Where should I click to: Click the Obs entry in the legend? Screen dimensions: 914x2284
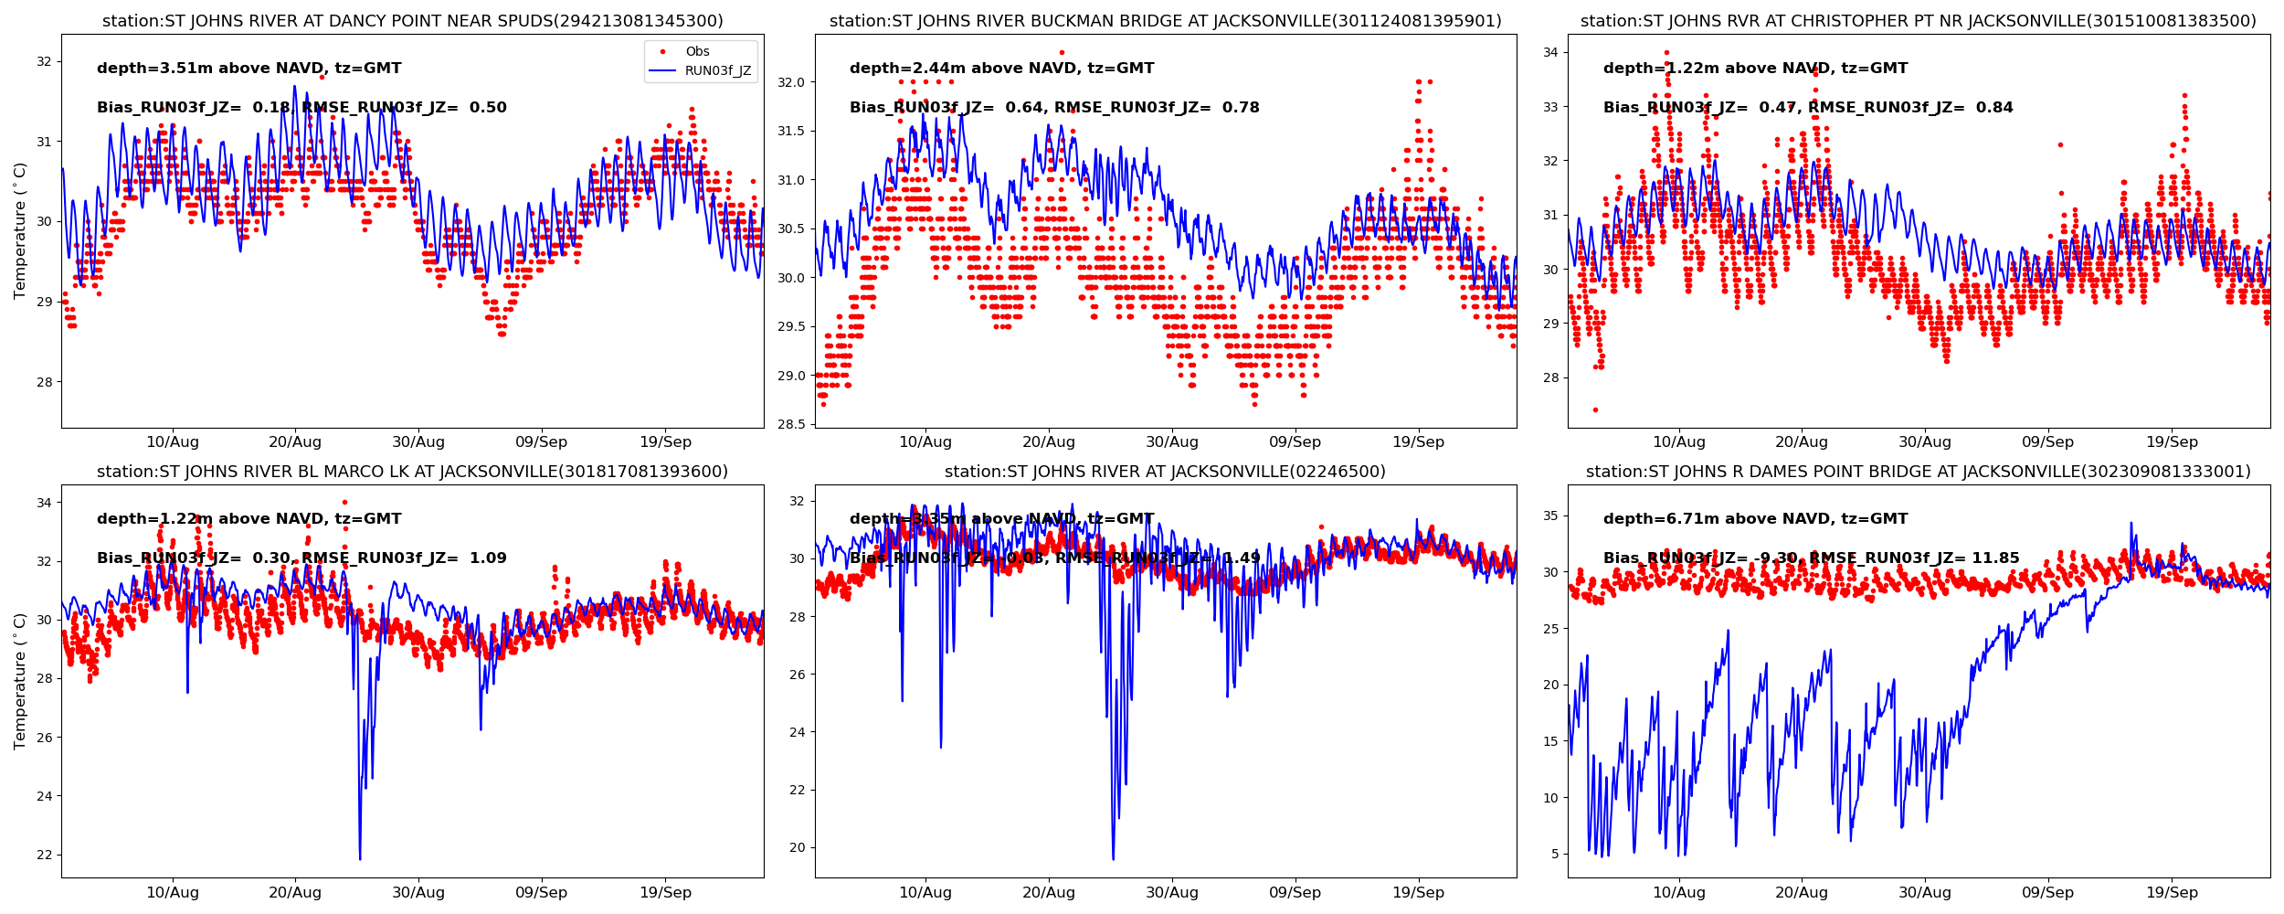pyautogui.click(x=697, y=52)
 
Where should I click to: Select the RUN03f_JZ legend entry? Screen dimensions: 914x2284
pyautogui.click(x=717, y=71)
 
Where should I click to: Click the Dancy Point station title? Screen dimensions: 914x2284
pyautogui.click(x=412, y=21)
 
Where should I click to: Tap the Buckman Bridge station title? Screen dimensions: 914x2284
pyautogui.click(x=1165, y=21)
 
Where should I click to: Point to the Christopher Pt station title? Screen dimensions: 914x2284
pyautogui.click(x=1918, y=21)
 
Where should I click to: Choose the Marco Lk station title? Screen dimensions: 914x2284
pyautogui.click(x=412, y=472)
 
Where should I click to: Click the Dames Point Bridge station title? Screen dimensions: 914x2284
pyautogui.click(x=1918, y=472)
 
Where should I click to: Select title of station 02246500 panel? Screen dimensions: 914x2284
pyautogui.click(x=1165, y=472)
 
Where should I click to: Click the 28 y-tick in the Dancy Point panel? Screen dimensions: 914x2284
pyautogui.click(x=44, y=382)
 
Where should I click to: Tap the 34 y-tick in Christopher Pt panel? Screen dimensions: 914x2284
pyautogui.click(x=1550, y=53)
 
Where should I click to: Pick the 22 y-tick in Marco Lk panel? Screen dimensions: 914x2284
pyautogui.click(x=44, y=855)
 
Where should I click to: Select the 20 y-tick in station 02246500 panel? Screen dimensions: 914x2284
pyautogui.click(x=797, y=847)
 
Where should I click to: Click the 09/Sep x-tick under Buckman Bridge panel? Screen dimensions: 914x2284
pyautogui.click(x=1295, y=442)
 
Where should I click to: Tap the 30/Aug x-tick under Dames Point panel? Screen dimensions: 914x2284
pyautogui.click(x=1924, y=893)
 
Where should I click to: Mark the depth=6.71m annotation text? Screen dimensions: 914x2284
pyautogui.click(x=1755, y=519)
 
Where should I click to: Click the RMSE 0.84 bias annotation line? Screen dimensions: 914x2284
pyautogui.click(x=1807, y=108)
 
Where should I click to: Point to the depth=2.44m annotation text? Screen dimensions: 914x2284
pyautogui.click(x=1001, y=69)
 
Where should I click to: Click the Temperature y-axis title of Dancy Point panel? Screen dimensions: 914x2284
pyautogui.click(x=20, y=230)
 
